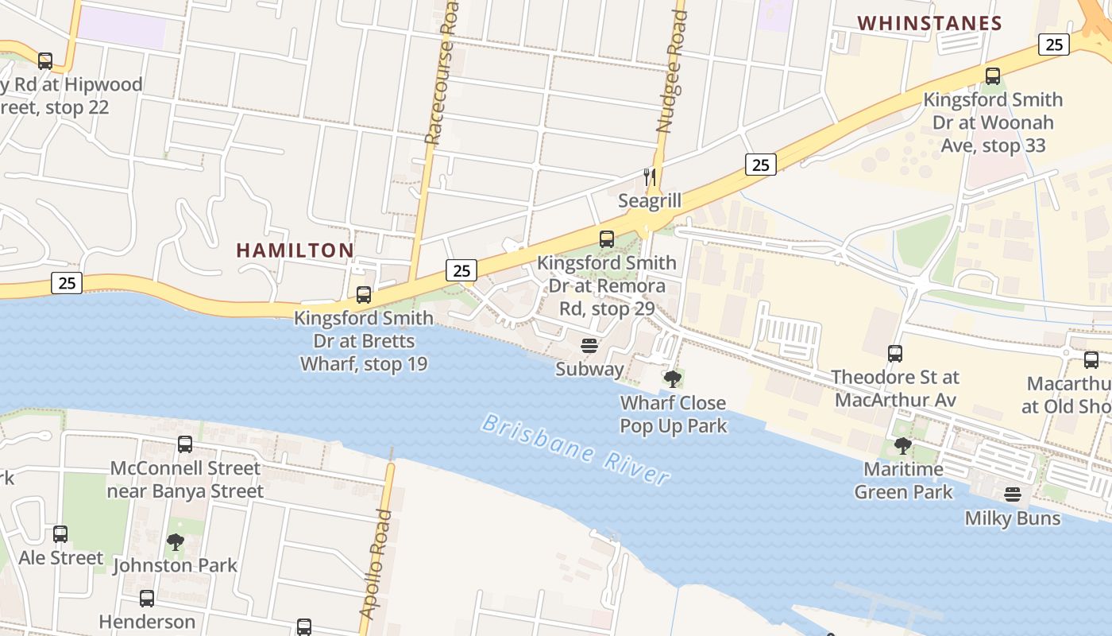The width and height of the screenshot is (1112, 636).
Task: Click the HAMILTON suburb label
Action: point(295,250)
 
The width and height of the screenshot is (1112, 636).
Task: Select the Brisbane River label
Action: point(576,450)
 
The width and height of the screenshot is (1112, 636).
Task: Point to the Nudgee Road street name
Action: point(671,72)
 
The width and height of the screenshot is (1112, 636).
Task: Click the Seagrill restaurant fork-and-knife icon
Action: point(650,176)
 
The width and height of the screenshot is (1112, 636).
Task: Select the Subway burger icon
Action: point(589,346)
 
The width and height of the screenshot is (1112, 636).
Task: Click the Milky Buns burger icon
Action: point(1012,494)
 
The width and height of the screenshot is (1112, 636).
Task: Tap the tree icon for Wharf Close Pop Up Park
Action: point(673,378)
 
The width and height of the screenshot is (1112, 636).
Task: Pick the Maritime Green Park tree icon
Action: point(902,445)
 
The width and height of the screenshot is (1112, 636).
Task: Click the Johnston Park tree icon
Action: point(175,542)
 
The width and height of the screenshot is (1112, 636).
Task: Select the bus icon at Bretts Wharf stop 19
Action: point(364,295)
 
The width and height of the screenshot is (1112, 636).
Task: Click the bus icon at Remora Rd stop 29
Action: point(607,238)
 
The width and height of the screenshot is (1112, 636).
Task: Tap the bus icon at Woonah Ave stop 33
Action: point(992,76)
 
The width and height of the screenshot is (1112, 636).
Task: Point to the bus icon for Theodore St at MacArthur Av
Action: point(895,353)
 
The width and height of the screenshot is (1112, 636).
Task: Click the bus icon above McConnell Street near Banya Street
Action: point(185,444)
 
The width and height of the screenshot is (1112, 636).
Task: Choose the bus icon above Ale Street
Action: point(60,534)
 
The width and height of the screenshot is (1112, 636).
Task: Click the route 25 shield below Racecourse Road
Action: point(461,270)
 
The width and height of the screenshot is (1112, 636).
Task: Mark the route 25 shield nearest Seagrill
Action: point(760,165)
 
